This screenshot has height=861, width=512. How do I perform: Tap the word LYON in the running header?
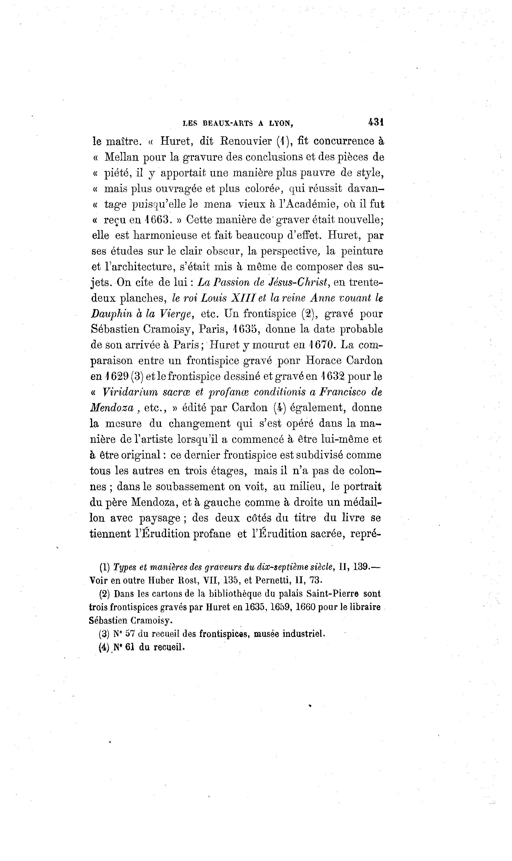click(x=280, y=123)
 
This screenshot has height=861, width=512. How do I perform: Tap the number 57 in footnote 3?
click(x=130, y=634)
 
